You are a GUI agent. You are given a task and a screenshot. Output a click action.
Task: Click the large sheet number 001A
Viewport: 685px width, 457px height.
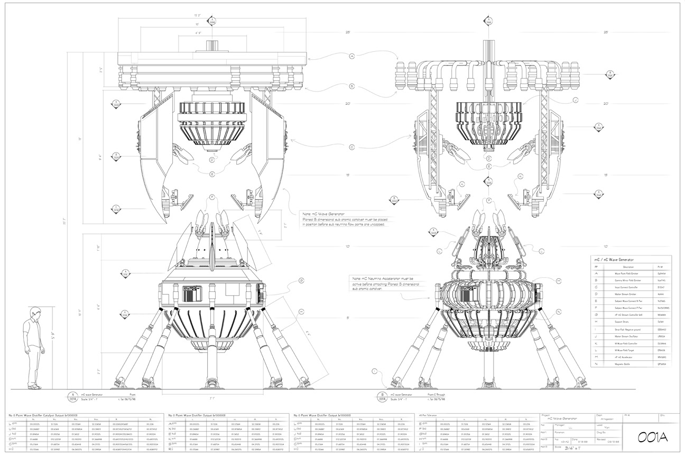[x=652, y=438]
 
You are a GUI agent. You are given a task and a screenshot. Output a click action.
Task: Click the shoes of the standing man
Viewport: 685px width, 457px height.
[x=34, y=387]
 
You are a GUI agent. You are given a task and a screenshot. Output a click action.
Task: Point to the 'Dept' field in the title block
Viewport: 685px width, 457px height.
[x=599, y=415]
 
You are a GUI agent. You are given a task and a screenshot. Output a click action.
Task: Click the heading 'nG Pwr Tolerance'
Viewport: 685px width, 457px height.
[x=429, y=416]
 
